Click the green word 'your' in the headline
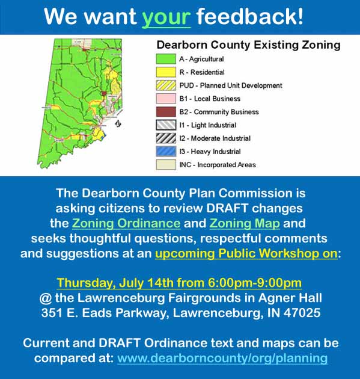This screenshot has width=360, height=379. click(166, 17)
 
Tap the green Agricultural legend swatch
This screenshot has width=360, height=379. click(166, 59)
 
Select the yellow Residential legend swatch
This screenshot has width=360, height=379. click(166, 72)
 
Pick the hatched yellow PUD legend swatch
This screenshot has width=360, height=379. click(166, 85)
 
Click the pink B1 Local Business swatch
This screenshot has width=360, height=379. click(166, 99)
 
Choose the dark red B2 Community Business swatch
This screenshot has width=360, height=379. click(166, 112)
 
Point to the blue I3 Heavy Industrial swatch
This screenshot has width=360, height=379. click(166, 152)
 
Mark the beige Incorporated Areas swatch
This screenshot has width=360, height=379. click(166, 165)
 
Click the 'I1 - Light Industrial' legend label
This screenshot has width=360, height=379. click(207, 125)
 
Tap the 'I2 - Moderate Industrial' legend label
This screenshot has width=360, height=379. click(215, 138)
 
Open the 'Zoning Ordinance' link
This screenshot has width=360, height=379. click(126, 224)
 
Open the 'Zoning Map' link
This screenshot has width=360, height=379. click(245, 224)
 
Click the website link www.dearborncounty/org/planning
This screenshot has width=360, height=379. click(222, 358)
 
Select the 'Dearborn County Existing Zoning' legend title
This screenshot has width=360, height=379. click(249, 45)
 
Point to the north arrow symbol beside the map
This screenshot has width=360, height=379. click(118, 123)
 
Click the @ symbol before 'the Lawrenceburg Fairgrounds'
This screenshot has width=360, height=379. click(46, 298)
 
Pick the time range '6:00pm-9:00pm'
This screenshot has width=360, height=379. click(255, 283)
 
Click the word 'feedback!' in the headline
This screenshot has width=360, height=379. click(250, 16)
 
